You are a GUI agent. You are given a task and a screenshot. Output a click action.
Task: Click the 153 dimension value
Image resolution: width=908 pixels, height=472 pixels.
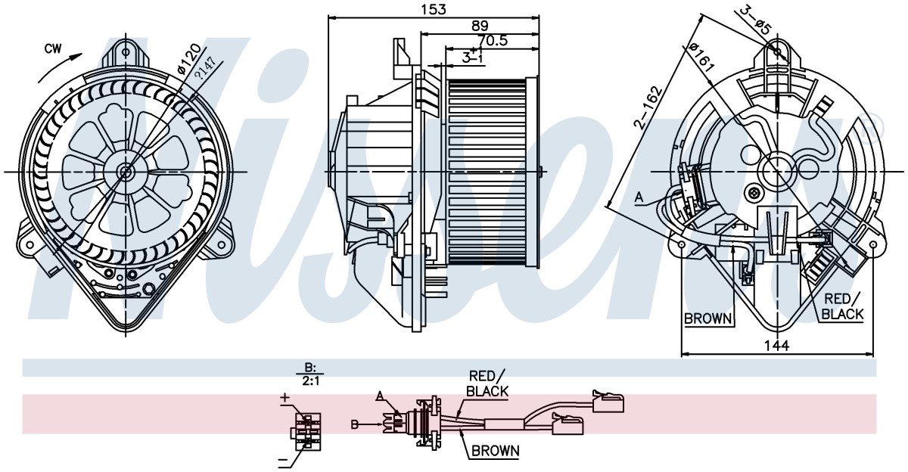click(432, 9)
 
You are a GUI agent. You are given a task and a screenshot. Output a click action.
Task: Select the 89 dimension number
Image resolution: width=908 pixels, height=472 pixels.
click(480, 26)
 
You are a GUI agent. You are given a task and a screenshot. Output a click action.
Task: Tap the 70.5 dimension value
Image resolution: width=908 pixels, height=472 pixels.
click(493, 41)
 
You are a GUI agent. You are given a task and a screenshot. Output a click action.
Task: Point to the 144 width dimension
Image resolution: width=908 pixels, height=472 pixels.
click(776, 346)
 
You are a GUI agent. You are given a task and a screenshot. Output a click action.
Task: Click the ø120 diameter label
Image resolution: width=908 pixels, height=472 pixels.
click(189, 59)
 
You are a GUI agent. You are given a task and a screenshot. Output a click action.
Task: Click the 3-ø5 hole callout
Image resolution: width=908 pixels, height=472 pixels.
click(755, 20)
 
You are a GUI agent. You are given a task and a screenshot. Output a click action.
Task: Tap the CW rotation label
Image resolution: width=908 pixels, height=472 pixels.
click(53, 49)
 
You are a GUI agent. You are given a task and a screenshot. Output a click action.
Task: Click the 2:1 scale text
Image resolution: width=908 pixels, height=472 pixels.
click(310, 381)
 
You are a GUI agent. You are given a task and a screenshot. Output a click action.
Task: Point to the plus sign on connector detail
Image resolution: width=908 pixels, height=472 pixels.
click(285, 397)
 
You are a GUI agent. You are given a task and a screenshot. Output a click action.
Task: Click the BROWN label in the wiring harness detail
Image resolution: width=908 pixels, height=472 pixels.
click(496, 451)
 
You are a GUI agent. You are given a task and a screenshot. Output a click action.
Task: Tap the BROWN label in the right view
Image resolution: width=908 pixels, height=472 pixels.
click(708, 319)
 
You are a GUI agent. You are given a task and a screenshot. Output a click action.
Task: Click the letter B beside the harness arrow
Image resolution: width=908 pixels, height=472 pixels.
click(355, 424)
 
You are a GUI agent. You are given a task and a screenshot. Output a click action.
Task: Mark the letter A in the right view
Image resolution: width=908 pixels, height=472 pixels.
click(639, 197)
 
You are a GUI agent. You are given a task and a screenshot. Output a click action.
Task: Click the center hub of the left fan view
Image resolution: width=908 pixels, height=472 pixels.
click(126, 172)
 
